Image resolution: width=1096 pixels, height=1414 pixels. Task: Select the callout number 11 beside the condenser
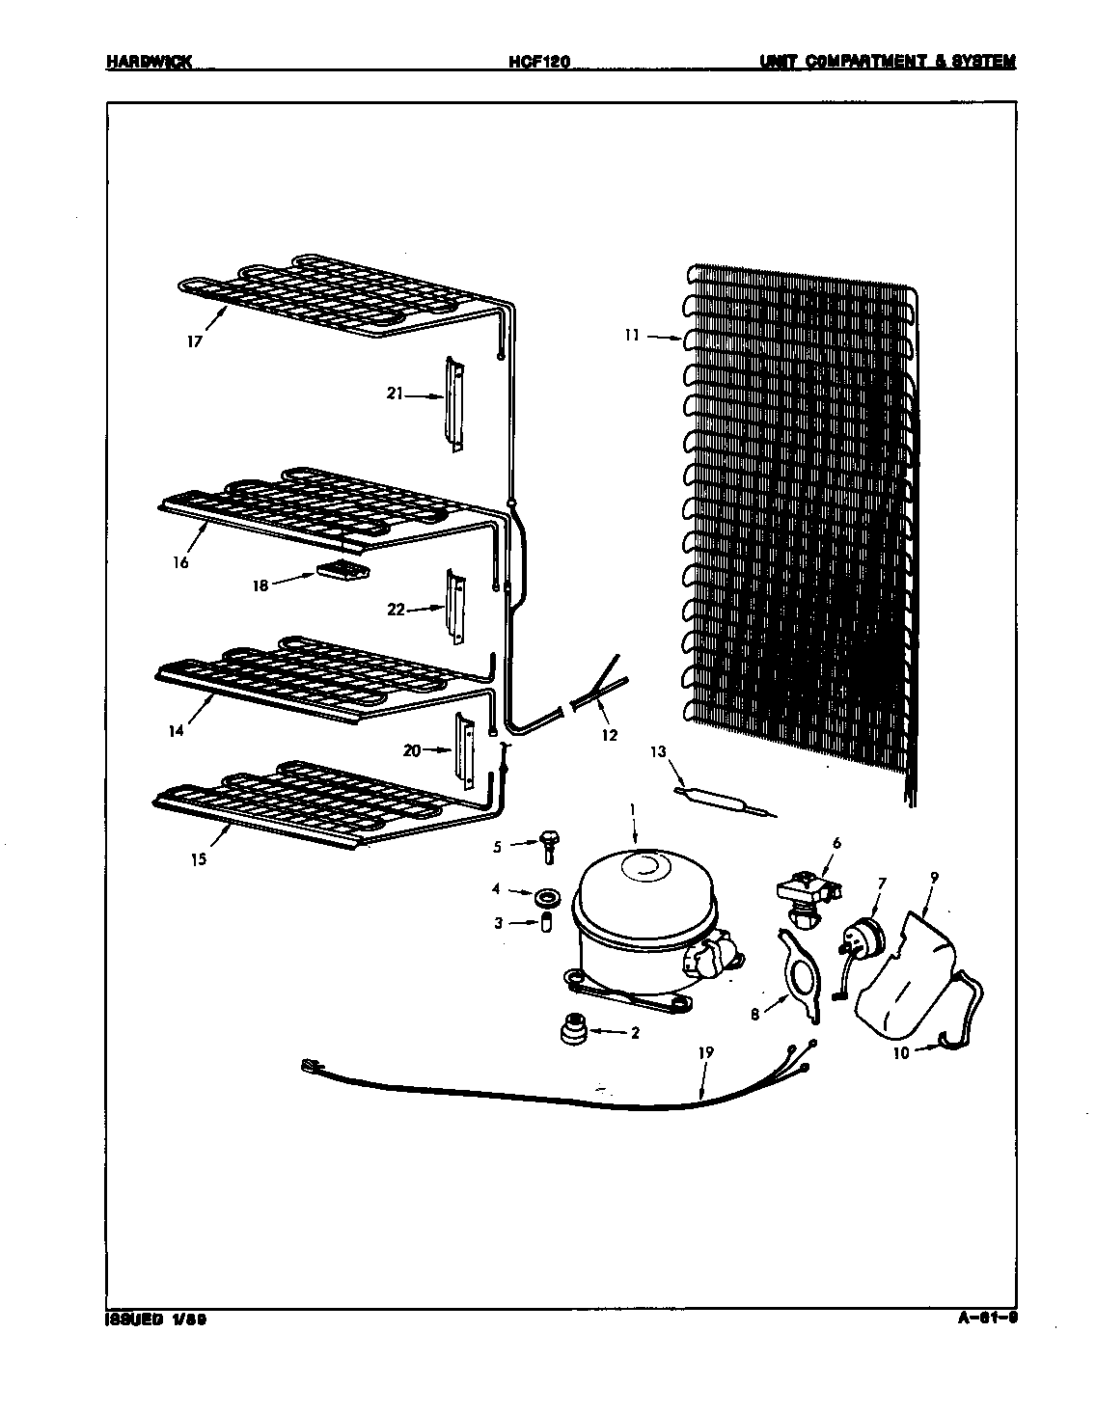[x=631, y=337]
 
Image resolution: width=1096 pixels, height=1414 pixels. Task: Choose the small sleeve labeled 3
[x=545, y=923]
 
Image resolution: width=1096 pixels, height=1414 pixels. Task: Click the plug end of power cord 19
[x=311, y=1066]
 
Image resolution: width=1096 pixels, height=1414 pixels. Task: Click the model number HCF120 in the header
[x=539, y=62]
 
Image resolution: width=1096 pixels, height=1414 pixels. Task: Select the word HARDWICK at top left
[x=149, y=62]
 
